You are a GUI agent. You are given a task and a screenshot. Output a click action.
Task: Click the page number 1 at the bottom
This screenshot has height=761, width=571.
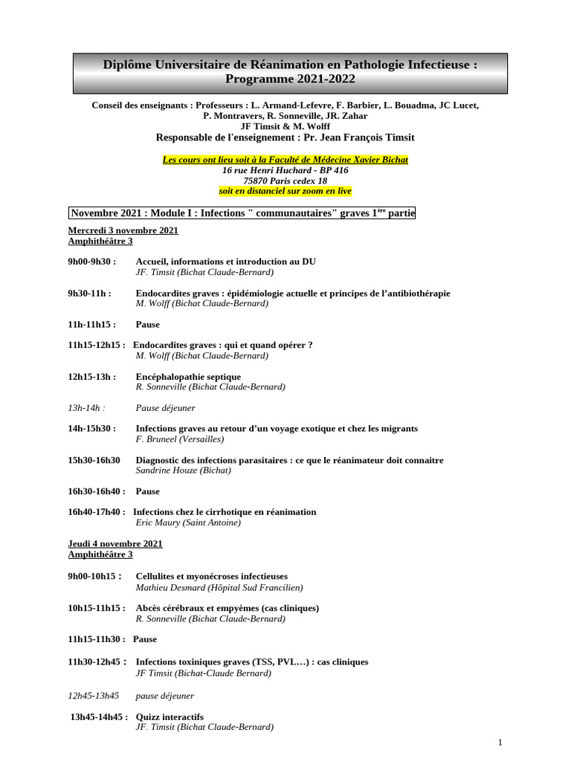pyautogui.click(x=500, y=742)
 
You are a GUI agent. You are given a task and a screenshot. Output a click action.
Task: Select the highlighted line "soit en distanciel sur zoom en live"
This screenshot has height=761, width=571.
pyautogui.click(x=285, y=191)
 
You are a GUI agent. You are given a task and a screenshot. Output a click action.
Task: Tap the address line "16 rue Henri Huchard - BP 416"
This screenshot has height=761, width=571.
pyautogui.click(x=285, y=170)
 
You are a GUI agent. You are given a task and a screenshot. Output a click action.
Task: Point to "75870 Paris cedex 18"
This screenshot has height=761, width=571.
pyautogui.click(x=285, y=181)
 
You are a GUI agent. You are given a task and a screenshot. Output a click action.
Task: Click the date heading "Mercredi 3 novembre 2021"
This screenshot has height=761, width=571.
pyautogui.click(x=123, y=230)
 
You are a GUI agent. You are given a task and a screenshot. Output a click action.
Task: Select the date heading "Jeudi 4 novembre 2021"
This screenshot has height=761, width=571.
pyautogui.click(x=115, y=544)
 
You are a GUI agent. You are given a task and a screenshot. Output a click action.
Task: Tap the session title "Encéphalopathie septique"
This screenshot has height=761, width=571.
pyautogui.click(x=188, y=377)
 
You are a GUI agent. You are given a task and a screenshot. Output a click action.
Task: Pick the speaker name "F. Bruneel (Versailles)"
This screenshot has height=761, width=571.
pyautogui.click(x=180, y=439)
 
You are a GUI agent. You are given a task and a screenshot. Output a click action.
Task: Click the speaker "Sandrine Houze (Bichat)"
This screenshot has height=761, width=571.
pyautogui.click(x=184, y=470)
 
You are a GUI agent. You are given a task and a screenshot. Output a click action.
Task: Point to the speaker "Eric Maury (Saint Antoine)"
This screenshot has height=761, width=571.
pyautogui.click(x=189, y=522)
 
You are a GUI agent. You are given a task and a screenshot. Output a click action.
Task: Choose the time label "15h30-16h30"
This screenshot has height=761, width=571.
pyautogui.click(x=94, y=460)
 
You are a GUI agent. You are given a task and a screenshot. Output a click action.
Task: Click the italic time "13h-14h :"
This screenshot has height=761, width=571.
pyautogui.click(x=86, y=408)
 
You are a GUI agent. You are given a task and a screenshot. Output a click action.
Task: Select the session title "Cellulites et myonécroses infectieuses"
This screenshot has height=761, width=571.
pyautogui.click(x=212, y=576)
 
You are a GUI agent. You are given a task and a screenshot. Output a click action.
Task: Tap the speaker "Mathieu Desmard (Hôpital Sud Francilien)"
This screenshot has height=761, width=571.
pyautogui.click(x=219, y=587)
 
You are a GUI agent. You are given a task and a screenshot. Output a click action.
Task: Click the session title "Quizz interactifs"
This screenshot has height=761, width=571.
pyautogui.click(x=170, y=717)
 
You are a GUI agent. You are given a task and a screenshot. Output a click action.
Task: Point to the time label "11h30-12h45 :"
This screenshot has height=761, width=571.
pyautogui.click(x=97, y=662)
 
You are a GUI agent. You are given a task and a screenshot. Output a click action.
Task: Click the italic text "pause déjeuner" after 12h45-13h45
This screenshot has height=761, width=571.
pyautogui.click(x=165, y=696)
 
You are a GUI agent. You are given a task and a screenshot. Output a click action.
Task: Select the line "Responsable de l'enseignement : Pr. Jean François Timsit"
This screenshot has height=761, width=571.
pyautogui.click(x=285, y=137)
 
